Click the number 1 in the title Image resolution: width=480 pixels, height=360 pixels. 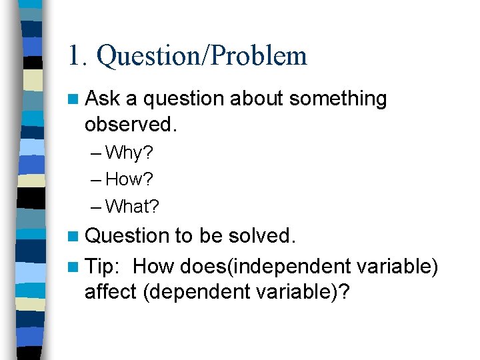[x=74, y=56]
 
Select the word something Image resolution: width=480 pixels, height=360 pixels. [x=338, y=99]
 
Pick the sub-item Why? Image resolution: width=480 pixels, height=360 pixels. [x=129, y=153]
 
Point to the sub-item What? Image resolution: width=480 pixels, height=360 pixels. [x=132, y=207]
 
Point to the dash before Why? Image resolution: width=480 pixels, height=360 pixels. [x=97, y=154]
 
